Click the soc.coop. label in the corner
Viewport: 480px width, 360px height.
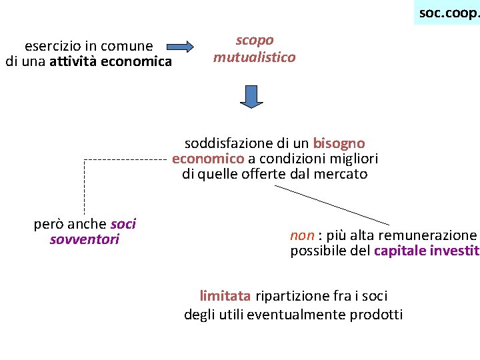click(448, 13)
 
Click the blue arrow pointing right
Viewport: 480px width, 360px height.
click(180, 47)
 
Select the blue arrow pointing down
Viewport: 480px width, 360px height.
click(251, 96)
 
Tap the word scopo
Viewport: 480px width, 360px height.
click(255, 41)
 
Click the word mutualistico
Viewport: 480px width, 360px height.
click(255, 57)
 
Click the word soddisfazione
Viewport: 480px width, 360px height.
click(229, 143)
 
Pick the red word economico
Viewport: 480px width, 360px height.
click(208, 159)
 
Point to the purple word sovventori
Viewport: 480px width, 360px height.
click(85, 240)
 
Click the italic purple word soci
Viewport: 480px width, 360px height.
click(123, 224)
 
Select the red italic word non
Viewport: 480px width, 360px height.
click(302, 235)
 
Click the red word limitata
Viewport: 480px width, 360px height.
click(225, 296)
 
